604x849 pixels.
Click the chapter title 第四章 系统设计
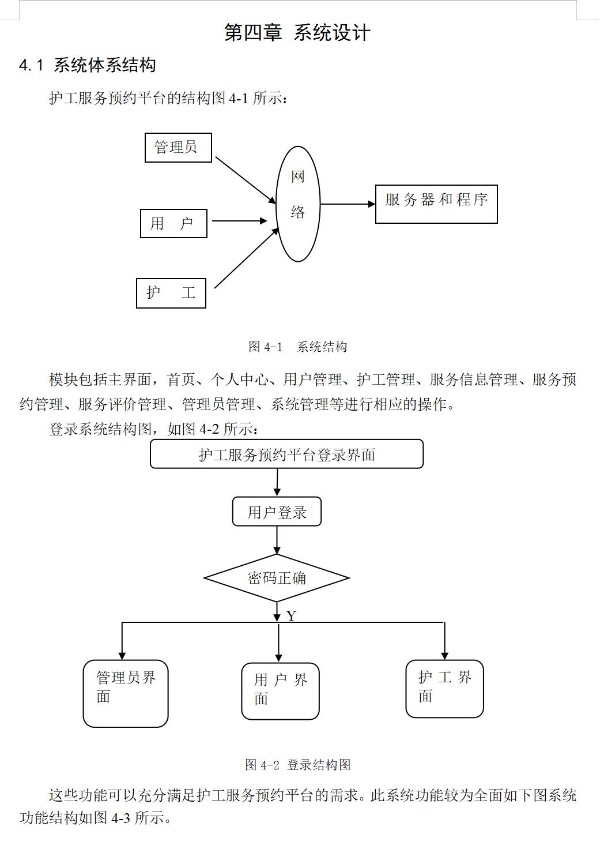[x=297, y=33]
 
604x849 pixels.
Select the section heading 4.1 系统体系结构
[x=88, y=65]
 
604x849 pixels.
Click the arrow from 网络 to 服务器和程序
[x=348, y=204]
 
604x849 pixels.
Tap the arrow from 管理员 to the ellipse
[x=246, y=181]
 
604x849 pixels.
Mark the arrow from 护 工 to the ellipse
[x=247, y=258]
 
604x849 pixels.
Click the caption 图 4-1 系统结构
[x=297, y=347]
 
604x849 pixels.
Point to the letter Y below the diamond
[x=291, y=616]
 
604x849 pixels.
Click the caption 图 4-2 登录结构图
[x=297, y=764]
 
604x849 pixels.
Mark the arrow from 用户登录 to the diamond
[x=277, y=540]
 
